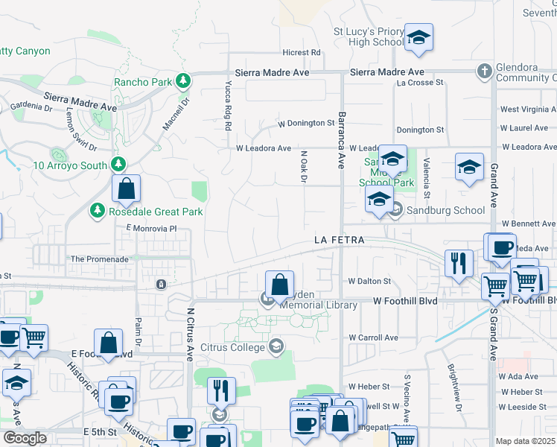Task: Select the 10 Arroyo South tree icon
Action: [x=117, y=164]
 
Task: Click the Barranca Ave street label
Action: [x=342, y=140]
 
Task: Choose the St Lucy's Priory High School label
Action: [x=368, y=37]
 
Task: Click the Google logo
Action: [x=25, y=438]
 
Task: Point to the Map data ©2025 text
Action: [x=526, y=441]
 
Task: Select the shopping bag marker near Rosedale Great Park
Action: [x=127, y=189]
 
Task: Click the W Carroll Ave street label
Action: [x=374, y=337]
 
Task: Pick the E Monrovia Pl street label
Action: [x=152, y=228]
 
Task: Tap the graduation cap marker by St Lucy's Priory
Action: [x=419, y=38]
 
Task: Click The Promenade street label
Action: [x=99, y=259]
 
